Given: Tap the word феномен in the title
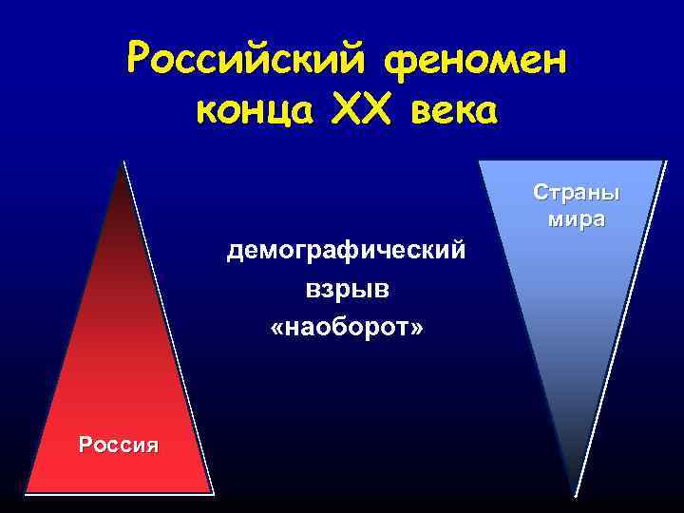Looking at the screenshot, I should click(473, 62).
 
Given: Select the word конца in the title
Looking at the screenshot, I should click(250, 112).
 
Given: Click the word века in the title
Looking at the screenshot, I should click(454, 112).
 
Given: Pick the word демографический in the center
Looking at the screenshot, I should click(346, 251).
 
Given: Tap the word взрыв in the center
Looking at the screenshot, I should click(346, 289).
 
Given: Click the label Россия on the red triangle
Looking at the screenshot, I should click(120, 444).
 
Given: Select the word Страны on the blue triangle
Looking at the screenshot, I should click(577, 193).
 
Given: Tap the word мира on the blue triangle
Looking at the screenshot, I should click(577, 220).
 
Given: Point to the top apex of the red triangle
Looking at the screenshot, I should click(123, 163).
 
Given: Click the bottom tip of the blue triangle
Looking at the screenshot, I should click(575, 493).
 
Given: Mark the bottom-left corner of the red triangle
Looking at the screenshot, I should click(27, 491).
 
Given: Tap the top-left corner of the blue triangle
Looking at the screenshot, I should click(480, 161).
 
